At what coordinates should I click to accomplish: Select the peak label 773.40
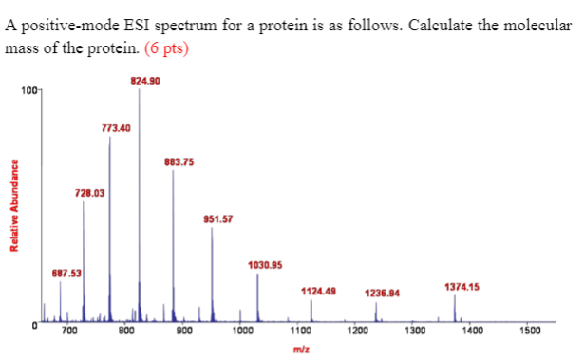pyautogui.click(x=115, y=127)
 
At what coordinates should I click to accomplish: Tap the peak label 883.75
pyautogui.click(x=179, y=161)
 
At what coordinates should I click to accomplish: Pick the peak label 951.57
pyautogui.click(x=217, y=219)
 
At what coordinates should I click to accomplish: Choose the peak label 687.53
pyautogui.click(x=66, y=273)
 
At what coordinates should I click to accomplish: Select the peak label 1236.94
pyautogui.click(x=382, y=294)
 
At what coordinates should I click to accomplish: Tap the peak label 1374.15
pyautogui.click(x=462, y=286)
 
